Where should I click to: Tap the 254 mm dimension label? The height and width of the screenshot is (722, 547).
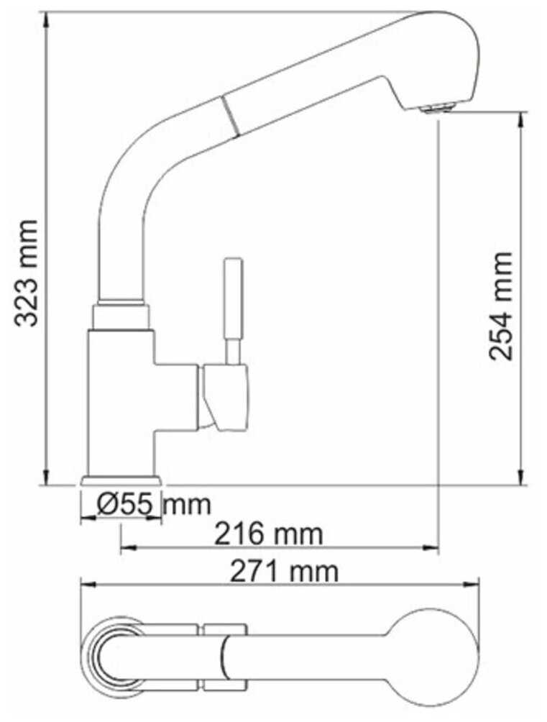pyautogui.click(x=501, y=306)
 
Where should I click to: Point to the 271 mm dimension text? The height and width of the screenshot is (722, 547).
pyautogui.click(x=283, y=572)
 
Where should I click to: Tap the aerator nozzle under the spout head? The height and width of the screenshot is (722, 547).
pyautogui.click(x=435, y=109)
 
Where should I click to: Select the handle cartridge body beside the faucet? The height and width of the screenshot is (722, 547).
pyautogui.click(x=225, y=396)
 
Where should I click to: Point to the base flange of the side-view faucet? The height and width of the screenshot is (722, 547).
pyautogui.click(x=120, y=480)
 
